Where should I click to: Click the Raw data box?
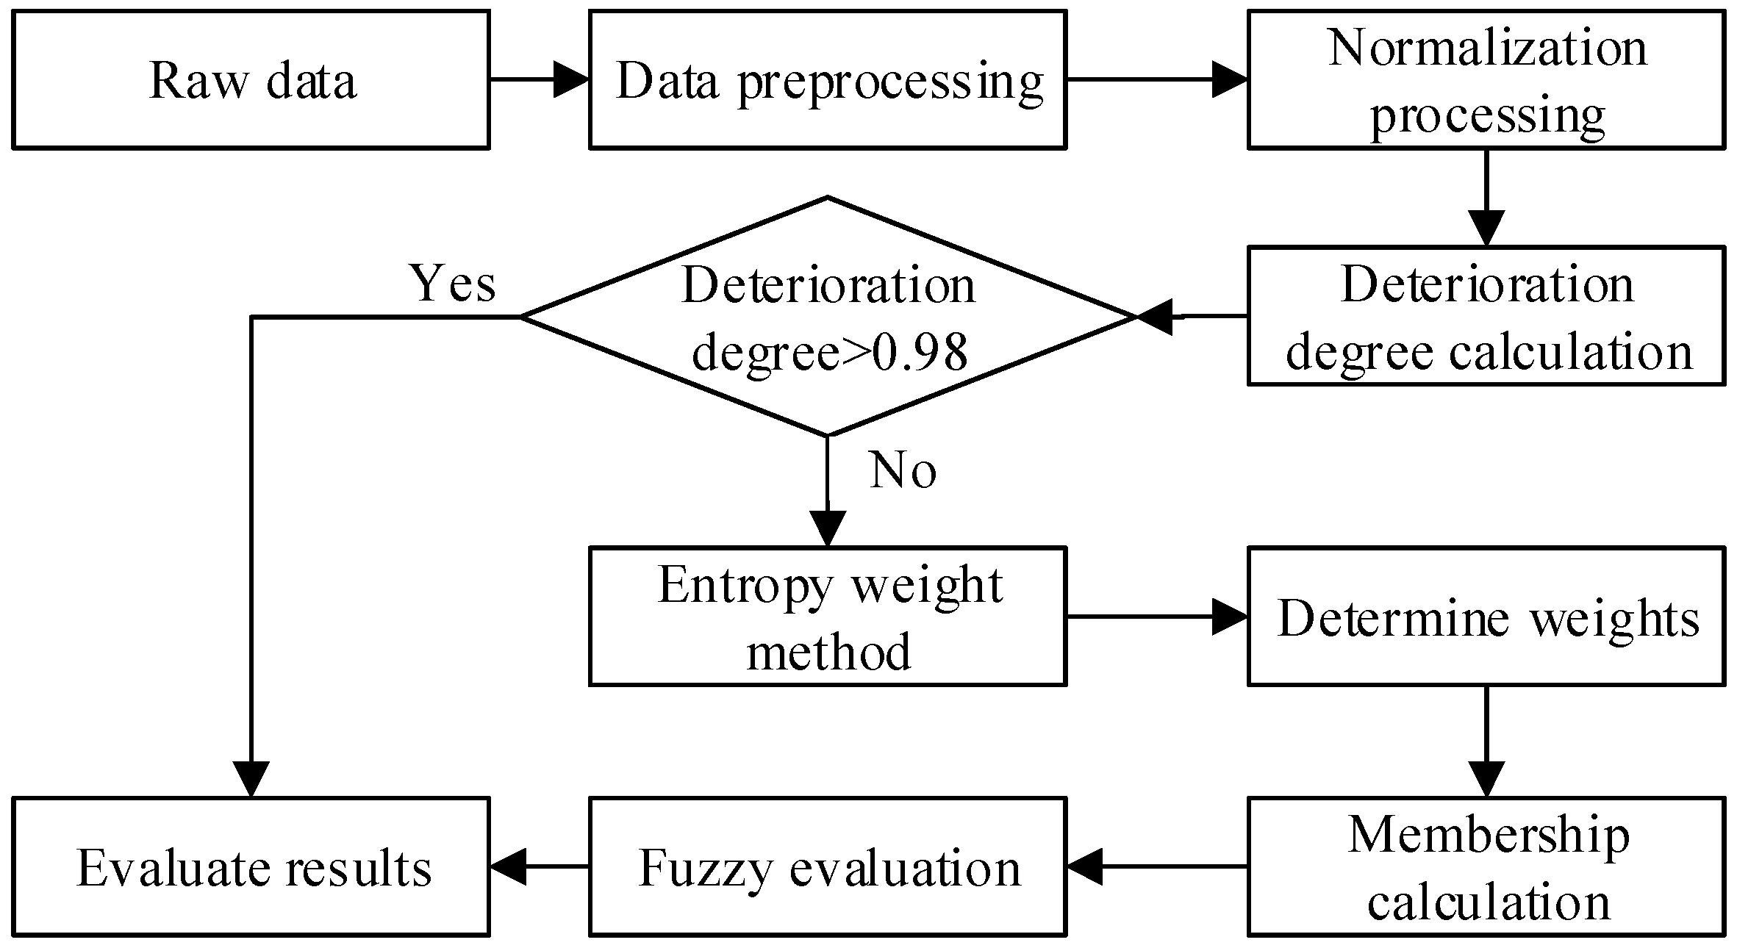pos(251,79)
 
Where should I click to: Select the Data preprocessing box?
pos(828,79)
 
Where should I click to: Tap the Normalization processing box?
pos(1486,79)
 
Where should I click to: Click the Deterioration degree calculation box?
pos(1486,316)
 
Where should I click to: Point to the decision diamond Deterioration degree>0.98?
pos(828,316)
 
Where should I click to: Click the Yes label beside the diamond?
pos(453,284)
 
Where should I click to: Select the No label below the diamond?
pos(903,470)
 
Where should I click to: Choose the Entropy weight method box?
pos(828,616)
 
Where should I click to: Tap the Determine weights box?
pos(1486,616)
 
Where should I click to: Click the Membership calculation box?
pos(1486,866)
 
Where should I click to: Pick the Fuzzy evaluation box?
pos(828,866)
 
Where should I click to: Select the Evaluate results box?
pos(251,866)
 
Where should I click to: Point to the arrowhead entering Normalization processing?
pos(1229,79)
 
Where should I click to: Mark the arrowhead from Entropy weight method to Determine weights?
pos(1229,616)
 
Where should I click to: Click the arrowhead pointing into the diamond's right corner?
pos(1156,317)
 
